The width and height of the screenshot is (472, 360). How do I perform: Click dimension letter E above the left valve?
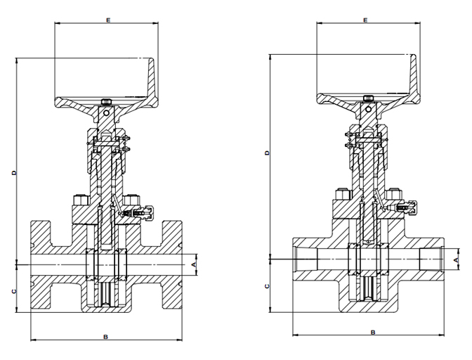point(108,20)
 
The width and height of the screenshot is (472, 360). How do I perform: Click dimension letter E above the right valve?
point(365,20)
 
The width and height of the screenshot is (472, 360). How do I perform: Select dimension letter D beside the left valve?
point(14,173)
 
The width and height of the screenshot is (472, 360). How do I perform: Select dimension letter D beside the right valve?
point(267,153)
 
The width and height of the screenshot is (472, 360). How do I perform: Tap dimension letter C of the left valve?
point(13,291)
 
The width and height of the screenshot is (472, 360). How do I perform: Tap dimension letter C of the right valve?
point(267,286)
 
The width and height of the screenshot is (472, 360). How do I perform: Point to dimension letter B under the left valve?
point(105,337)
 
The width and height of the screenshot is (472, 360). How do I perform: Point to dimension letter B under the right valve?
point(373,333)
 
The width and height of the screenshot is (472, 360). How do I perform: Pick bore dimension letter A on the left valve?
point(194,264)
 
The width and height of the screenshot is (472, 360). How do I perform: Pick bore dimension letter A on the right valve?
point(456,259)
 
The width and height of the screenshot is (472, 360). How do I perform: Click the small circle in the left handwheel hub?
point(105,113)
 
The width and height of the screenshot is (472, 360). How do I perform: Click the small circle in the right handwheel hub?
point(368,109)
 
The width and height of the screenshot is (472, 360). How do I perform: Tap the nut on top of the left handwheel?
point(105,102)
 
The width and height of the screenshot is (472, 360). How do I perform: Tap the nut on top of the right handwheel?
point(368,98)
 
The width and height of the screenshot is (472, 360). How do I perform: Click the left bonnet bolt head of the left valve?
point(80,200)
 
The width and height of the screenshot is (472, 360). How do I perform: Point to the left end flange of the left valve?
point(40,265)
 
